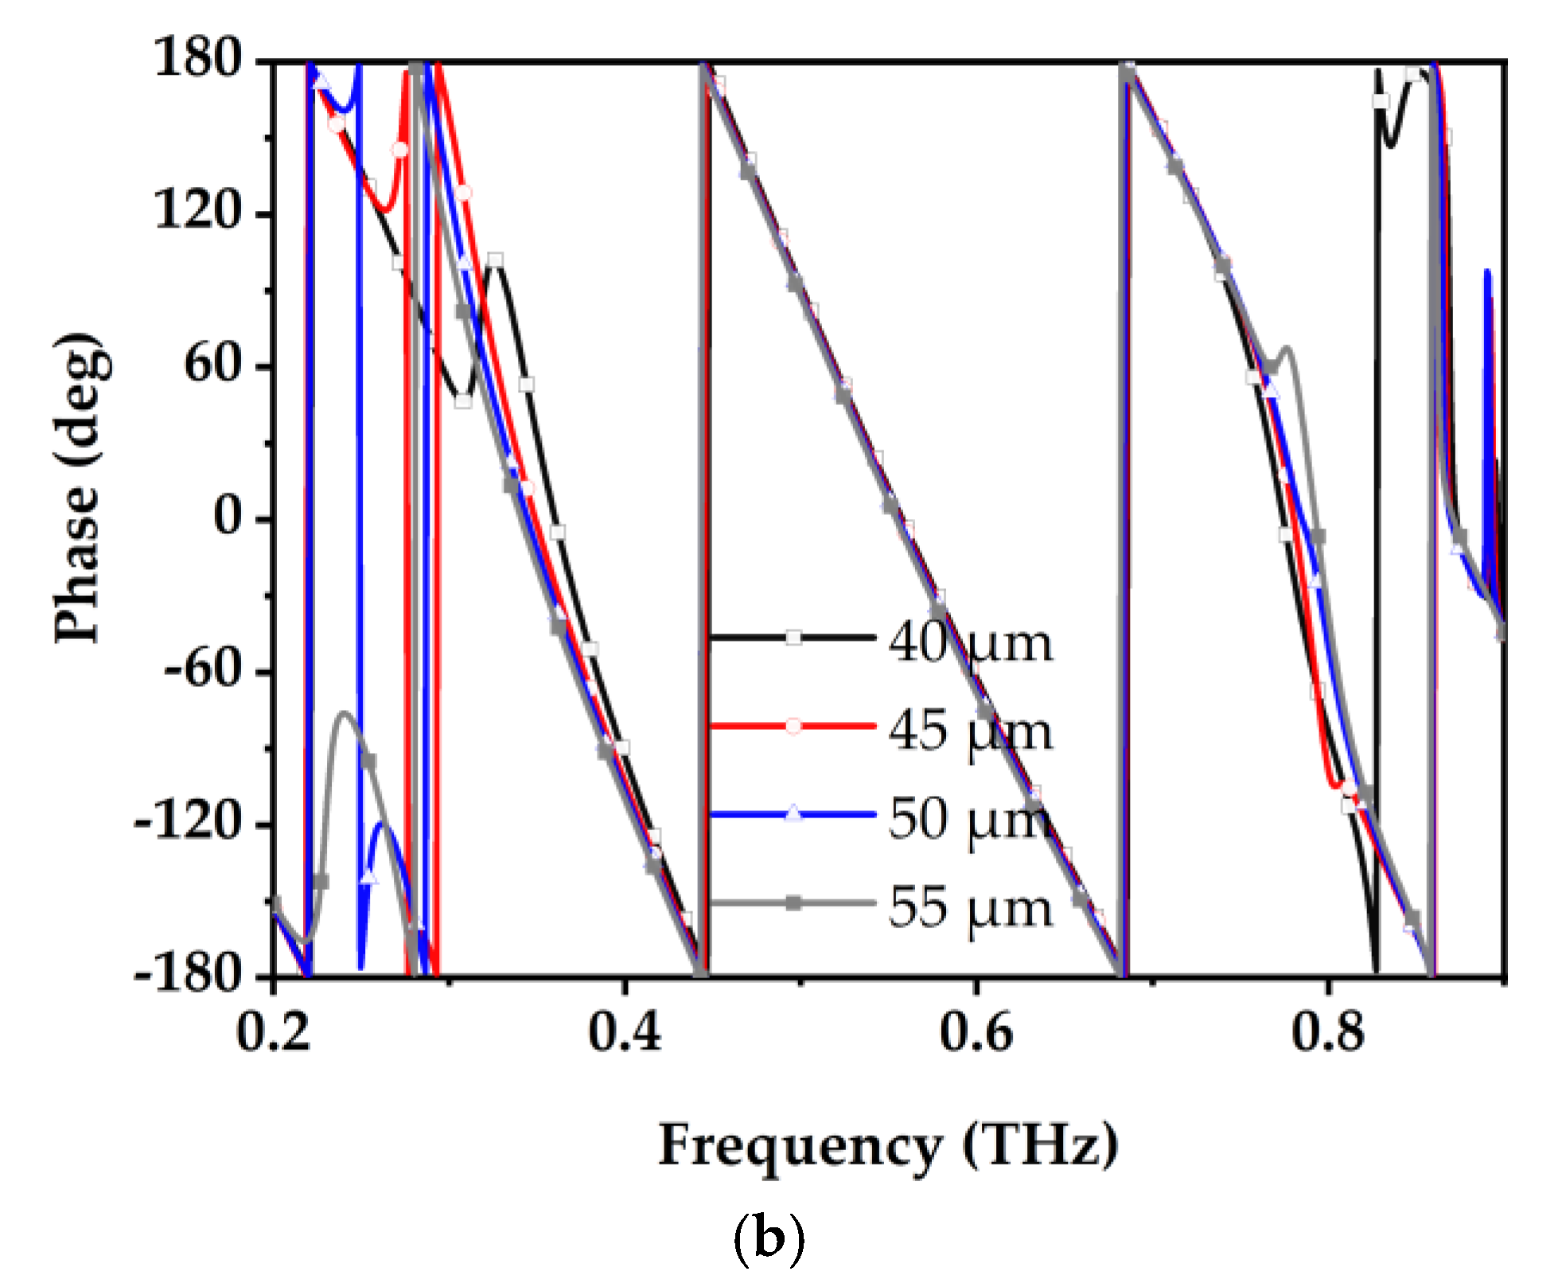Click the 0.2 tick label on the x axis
point(274,1032)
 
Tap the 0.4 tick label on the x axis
point(625,1032)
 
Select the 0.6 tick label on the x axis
point(976,1032)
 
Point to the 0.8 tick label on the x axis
point(1327,1032)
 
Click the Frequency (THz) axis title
point(888,1146)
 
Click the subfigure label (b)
point(768,1238)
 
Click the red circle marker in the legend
point(793,726)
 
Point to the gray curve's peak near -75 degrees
point(344,713)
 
